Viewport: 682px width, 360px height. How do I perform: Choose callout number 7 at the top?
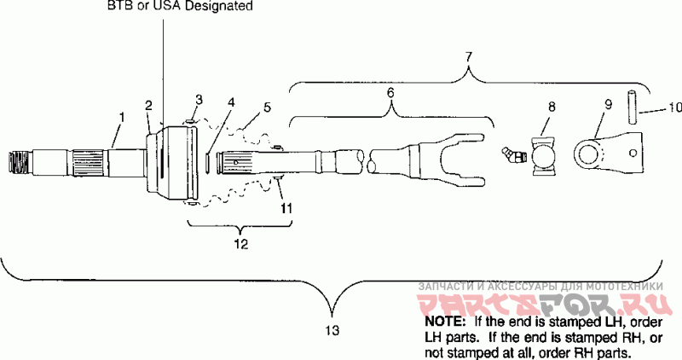pos(467,56)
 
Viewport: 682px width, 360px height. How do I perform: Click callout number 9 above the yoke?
pos(608,105)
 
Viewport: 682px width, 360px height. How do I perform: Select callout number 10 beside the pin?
pos(673,108)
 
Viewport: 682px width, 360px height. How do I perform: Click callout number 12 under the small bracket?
pos(240,245)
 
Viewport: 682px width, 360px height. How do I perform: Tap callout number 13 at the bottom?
pos(333,329)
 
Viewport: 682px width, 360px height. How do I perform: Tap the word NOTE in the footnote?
pos(443,323)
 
